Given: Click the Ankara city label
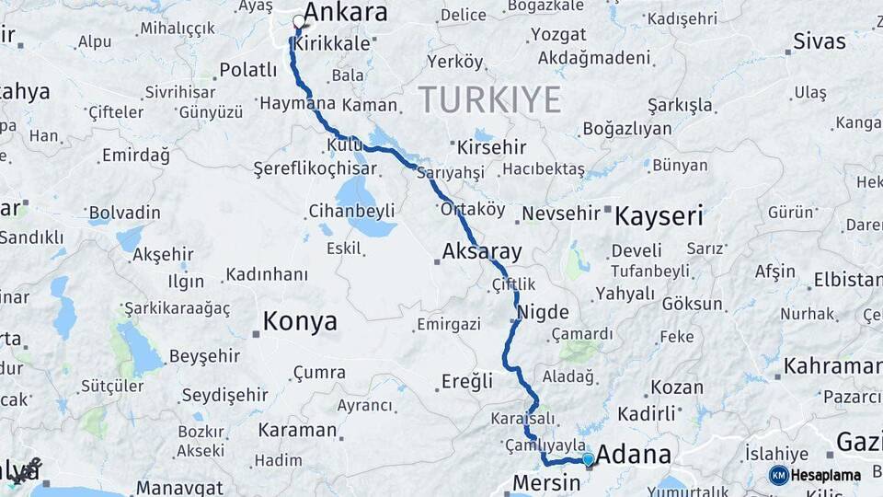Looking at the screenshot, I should point(345,13).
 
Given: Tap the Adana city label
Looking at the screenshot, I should point(634,455).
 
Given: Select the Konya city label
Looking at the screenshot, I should point(300,322).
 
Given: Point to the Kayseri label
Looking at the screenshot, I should point(659,217).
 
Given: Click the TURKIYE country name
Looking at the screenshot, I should point(489,99).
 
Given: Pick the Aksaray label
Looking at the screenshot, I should point(482,251).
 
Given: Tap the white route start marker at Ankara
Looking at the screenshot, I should point(299,22).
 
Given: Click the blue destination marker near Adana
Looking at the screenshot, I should point(588,458).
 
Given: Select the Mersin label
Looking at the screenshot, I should point(546,483).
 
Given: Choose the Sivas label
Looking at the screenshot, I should point(819,41).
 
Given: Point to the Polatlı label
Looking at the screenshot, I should point(247,71).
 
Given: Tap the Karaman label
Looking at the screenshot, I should point(297,430).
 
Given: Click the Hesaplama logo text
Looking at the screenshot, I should point(827,476).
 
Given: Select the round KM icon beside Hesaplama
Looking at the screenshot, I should point(778,476).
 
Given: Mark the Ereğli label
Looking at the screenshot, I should point(467,380).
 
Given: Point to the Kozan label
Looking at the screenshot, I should point(677,387).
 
